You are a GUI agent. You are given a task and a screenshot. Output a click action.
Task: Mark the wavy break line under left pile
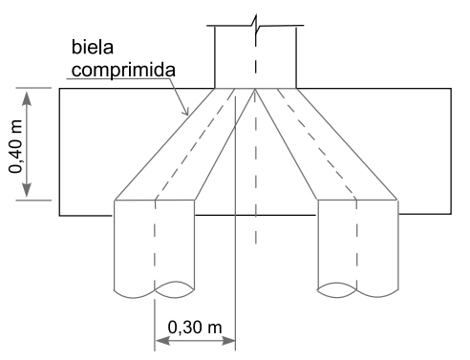(155, 286)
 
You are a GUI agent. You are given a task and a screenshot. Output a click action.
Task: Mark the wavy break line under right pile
(358, 286)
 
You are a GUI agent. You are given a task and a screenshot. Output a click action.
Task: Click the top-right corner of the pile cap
(450, 89)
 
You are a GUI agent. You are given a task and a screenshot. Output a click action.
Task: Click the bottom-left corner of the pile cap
(60, 215)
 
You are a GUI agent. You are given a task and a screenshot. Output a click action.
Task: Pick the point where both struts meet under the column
(255, 90)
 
